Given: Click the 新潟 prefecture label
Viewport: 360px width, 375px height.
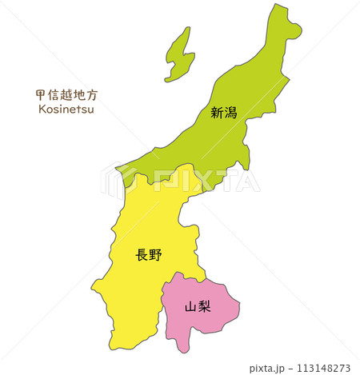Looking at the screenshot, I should (224, 113).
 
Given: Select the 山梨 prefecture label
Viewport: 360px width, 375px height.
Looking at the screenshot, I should (198, 306).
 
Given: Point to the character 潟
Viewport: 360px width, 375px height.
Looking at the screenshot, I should (231, 113).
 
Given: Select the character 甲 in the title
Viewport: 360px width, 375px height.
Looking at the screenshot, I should (42, 94).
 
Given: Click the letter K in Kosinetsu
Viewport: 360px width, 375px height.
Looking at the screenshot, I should (41, 109).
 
